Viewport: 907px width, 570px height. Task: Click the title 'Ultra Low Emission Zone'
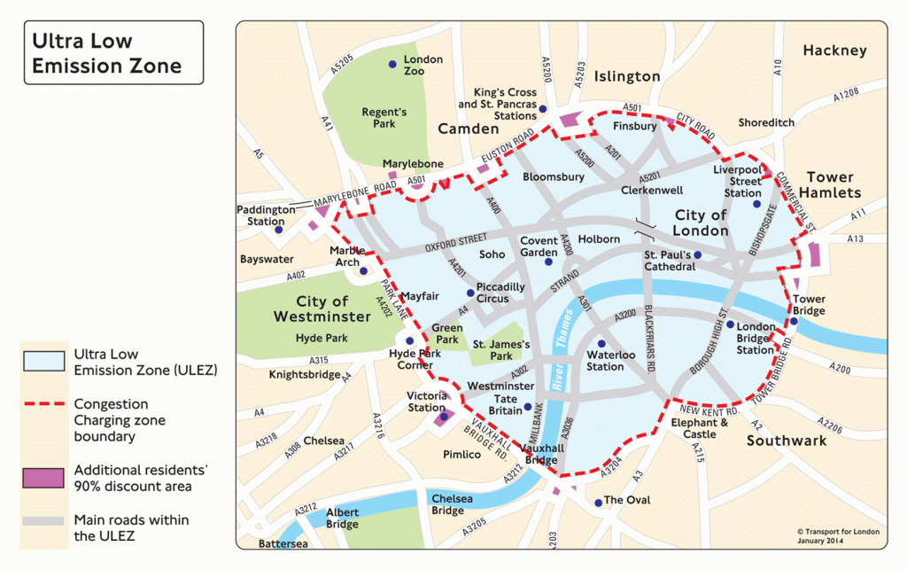(x=106, y=53)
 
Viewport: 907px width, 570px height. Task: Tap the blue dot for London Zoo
(x=392, y=65)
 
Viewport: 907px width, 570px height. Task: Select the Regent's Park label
(x=384, y=118)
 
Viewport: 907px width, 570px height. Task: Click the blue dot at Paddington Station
(x=278, y=230)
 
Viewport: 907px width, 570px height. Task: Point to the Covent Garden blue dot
(x=551, y=263)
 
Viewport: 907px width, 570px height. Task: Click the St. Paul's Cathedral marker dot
(x=698, y=255)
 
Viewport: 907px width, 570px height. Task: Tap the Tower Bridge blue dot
(x=794, y=321)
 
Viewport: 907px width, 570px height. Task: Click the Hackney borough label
(x=834, y=51)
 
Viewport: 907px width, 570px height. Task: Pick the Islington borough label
(x=627, y=76)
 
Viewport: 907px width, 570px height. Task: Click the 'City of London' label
(x=700, y=223)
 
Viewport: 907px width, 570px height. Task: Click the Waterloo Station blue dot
(x=601, y=343)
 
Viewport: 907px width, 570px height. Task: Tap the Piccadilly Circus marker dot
(x=470, y=293)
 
